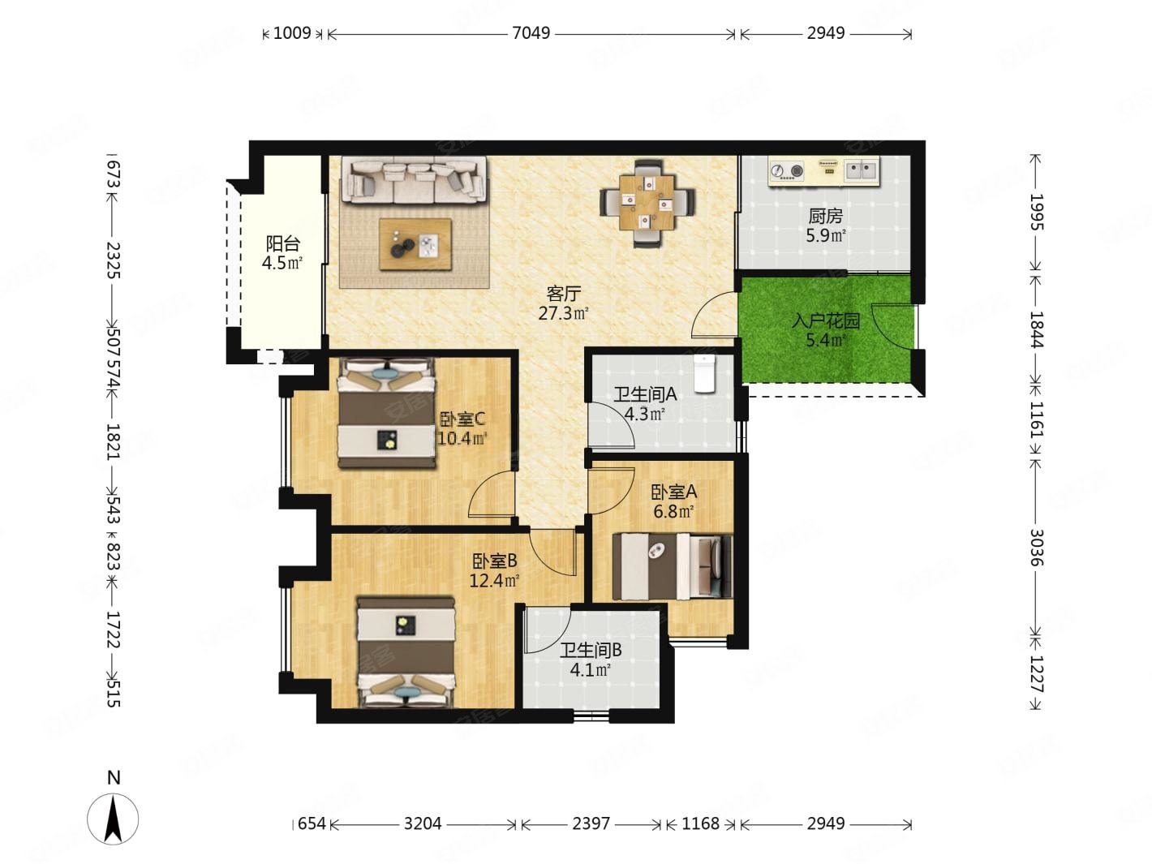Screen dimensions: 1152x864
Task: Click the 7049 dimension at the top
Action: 531,33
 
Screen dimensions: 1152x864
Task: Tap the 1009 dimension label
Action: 292,33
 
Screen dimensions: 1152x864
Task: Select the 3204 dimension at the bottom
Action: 422,823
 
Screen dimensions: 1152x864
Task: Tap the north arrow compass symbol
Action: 113,819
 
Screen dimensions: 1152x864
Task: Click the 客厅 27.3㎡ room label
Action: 563,303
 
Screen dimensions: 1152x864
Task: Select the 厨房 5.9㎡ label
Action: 826,226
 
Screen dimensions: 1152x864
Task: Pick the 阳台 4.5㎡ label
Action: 282,253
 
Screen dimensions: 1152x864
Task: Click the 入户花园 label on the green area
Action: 826,320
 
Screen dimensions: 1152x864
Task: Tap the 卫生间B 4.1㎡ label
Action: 591,660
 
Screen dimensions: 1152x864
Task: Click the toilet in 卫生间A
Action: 704,373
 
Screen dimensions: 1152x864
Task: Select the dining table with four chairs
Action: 647,203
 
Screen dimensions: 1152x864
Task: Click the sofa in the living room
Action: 414,181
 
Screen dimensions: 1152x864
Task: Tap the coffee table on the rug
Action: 415,245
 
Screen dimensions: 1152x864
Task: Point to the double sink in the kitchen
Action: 862,170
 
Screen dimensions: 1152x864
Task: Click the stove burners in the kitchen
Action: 787,170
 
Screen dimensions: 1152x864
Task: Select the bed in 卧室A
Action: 673,566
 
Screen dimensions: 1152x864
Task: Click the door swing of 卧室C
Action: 490,494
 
